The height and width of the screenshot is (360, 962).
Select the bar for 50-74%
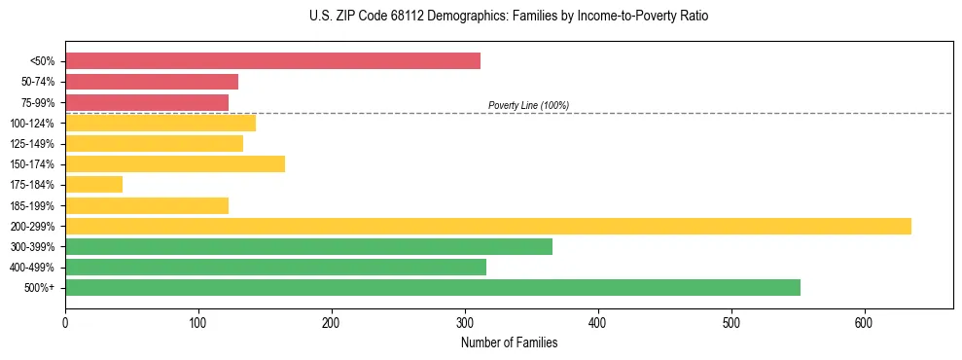(152, 82)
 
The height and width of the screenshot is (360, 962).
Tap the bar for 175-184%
(93, 185)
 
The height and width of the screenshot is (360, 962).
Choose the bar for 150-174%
(175, 164)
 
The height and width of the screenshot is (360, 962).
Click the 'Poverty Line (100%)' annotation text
(528, 105)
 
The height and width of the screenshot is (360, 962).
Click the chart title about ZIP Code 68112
(481, 17)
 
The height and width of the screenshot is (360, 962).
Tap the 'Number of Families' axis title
(509, 342)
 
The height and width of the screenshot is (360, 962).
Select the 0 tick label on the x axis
(65, 322)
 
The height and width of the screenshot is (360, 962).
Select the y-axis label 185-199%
(34, 206)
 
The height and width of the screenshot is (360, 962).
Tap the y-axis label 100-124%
(34, 124)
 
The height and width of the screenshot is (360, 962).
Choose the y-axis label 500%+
(41, 288)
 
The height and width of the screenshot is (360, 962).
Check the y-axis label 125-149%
(34, 144)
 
